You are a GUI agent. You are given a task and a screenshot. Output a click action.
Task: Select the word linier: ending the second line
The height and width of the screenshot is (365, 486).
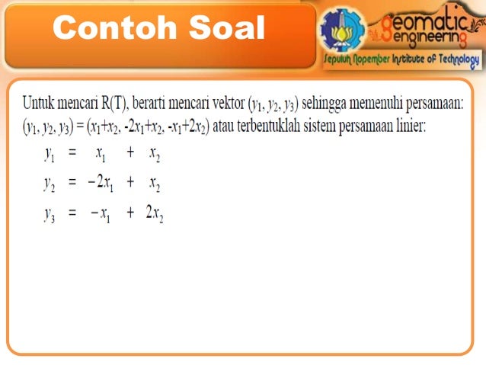click(x=410, y=123)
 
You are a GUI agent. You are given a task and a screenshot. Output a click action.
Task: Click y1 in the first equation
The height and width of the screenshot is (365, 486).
click(x=49, y=154)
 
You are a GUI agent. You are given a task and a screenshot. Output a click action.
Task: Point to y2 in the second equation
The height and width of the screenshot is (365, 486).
click(x=49, y=184)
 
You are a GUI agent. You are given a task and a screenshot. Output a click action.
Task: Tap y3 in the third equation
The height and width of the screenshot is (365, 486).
click(x=49, y=214)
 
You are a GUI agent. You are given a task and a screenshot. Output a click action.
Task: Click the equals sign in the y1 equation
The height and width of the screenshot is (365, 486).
click(x=72, y=152)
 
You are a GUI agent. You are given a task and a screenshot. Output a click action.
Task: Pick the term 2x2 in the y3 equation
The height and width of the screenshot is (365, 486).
click(x=155, y=214)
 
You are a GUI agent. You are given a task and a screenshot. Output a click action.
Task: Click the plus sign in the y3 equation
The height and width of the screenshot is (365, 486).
click(x=130, y=213)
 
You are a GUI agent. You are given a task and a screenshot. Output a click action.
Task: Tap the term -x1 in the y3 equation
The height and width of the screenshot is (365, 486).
click(x=101, y=214)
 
